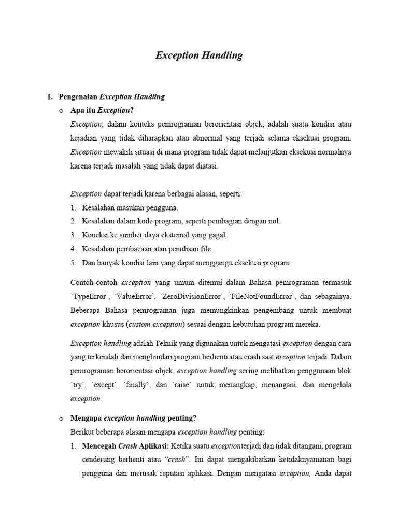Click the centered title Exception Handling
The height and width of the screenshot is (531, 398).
199,55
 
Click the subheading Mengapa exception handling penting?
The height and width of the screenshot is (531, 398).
133,418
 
